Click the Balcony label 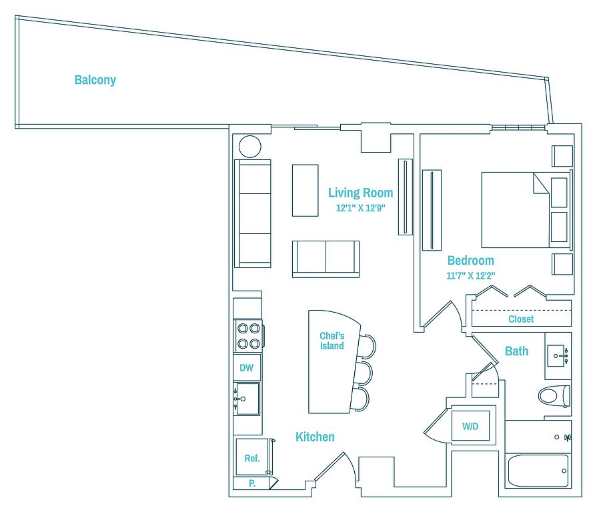(x=95, y=80)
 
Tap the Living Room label (x=360, y=193)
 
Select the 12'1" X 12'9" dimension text (x=361, y=208)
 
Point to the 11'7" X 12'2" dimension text (x=471, y=275)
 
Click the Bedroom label (x=470, y=261)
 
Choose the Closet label (x=521, y=319)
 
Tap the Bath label (x=516, y=351)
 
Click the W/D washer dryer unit (x=471, y=426)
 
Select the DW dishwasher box (x=246, y=367)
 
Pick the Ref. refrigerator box (x=252, y=458)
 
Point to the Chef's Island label (x=332, y=341)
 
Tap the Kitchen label (x=315, y=437)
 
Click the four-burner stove (x=248, y=335)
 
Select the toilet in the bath (x=554, y=396)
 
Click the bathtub (x=538, y=471)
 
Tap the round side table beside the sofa (x=250, y=146)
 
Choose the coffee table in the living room (x=305, y=190)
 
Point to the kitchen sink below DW (x=247, y=399)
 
